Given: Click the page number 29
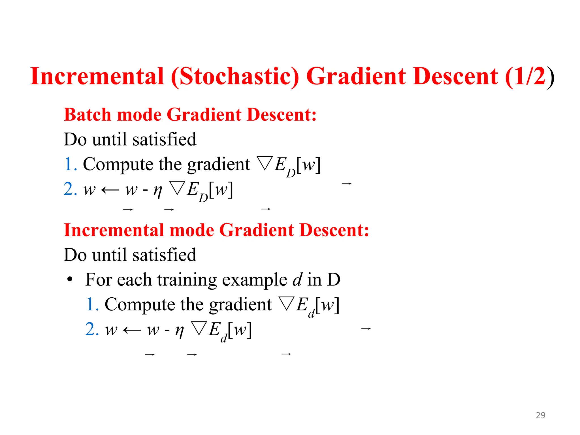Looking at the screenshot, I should pos(540,415).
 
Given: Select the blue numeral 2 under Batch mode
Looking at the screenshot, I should pos(69,189).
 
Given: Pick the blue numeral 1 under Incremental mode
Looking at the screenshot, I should pos(90,304).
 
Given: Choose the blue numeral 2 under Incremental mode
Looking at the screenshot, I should pos(90,329).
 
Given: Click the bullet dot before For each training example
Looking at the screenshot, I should pos(70,280).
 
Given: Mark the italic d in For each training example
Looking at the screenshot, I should pos(297,279).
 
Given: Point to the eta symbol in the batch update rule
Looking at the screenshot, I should pos(157,191).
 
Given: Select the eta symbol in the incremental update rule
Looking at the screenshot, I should pos(179,330).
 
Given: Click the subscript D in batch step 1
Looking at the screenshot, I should pos(291,172).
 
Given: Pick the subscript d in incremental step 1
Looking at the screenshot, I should pos(311,313).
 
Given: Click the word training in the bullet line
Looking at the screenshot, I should pos(187,280).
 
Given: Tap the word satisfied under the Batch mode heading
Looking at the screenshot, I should pos(164,139).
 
